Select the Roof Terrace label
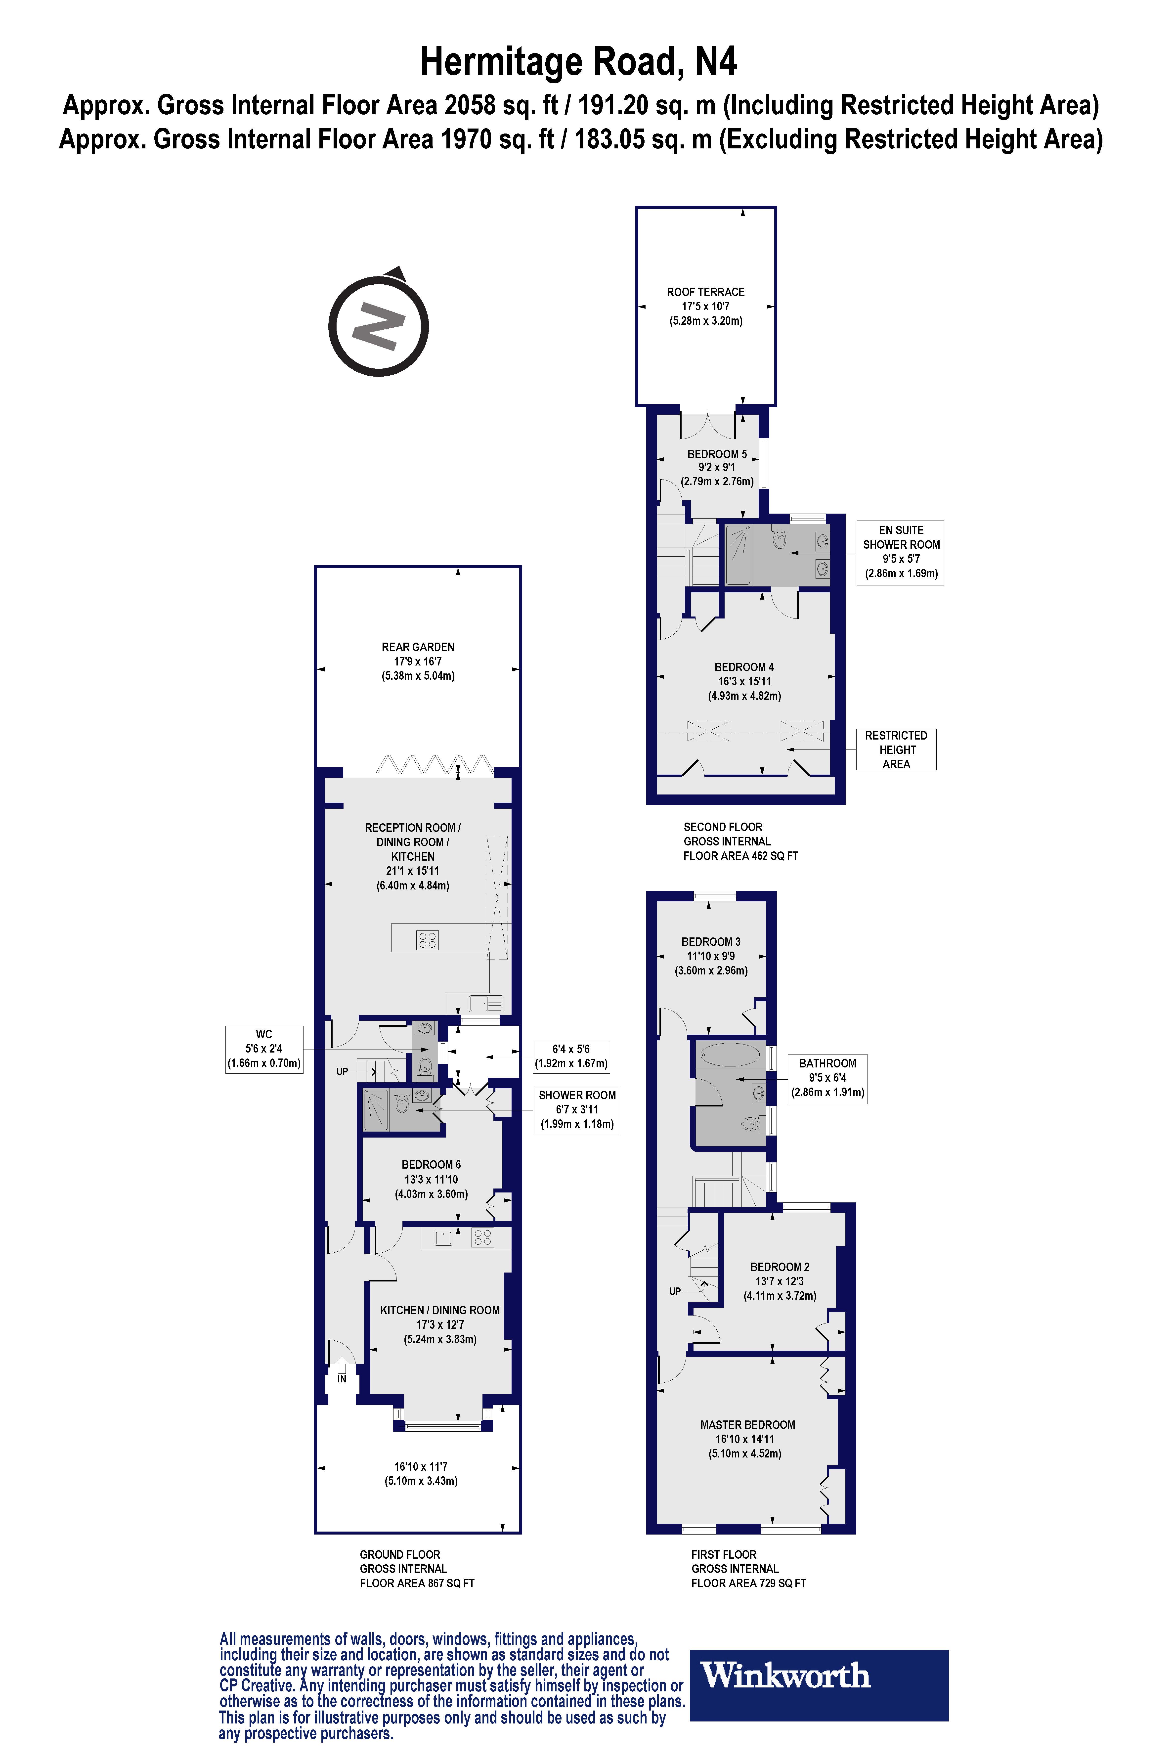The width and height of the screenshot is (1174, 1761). pyautogui.click(x=705, y=306)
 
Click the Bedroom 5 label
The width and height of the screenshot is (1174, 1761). pyautogui.click(x=717, y=467)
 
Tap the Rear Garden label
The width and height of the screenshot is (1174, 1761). pyautogui.click(x=418, y=661)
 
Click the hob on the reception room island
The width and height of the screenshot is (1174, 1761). pyautogui.click(x=428, y=940)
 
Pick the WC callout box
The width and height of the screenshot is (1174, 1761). pyautogui.click(x=264, y=1049)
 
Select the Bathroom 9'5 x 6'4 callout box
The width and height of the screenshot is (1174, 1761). pyautogui.click(x=827, y=1077)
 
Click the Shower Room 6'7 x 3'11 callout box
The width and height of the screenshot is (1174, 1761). pyautogui.click(x=576, y=1110)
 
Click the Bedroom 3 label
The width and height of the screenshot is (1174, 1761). pyautogui.click(x=710, y=956)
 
